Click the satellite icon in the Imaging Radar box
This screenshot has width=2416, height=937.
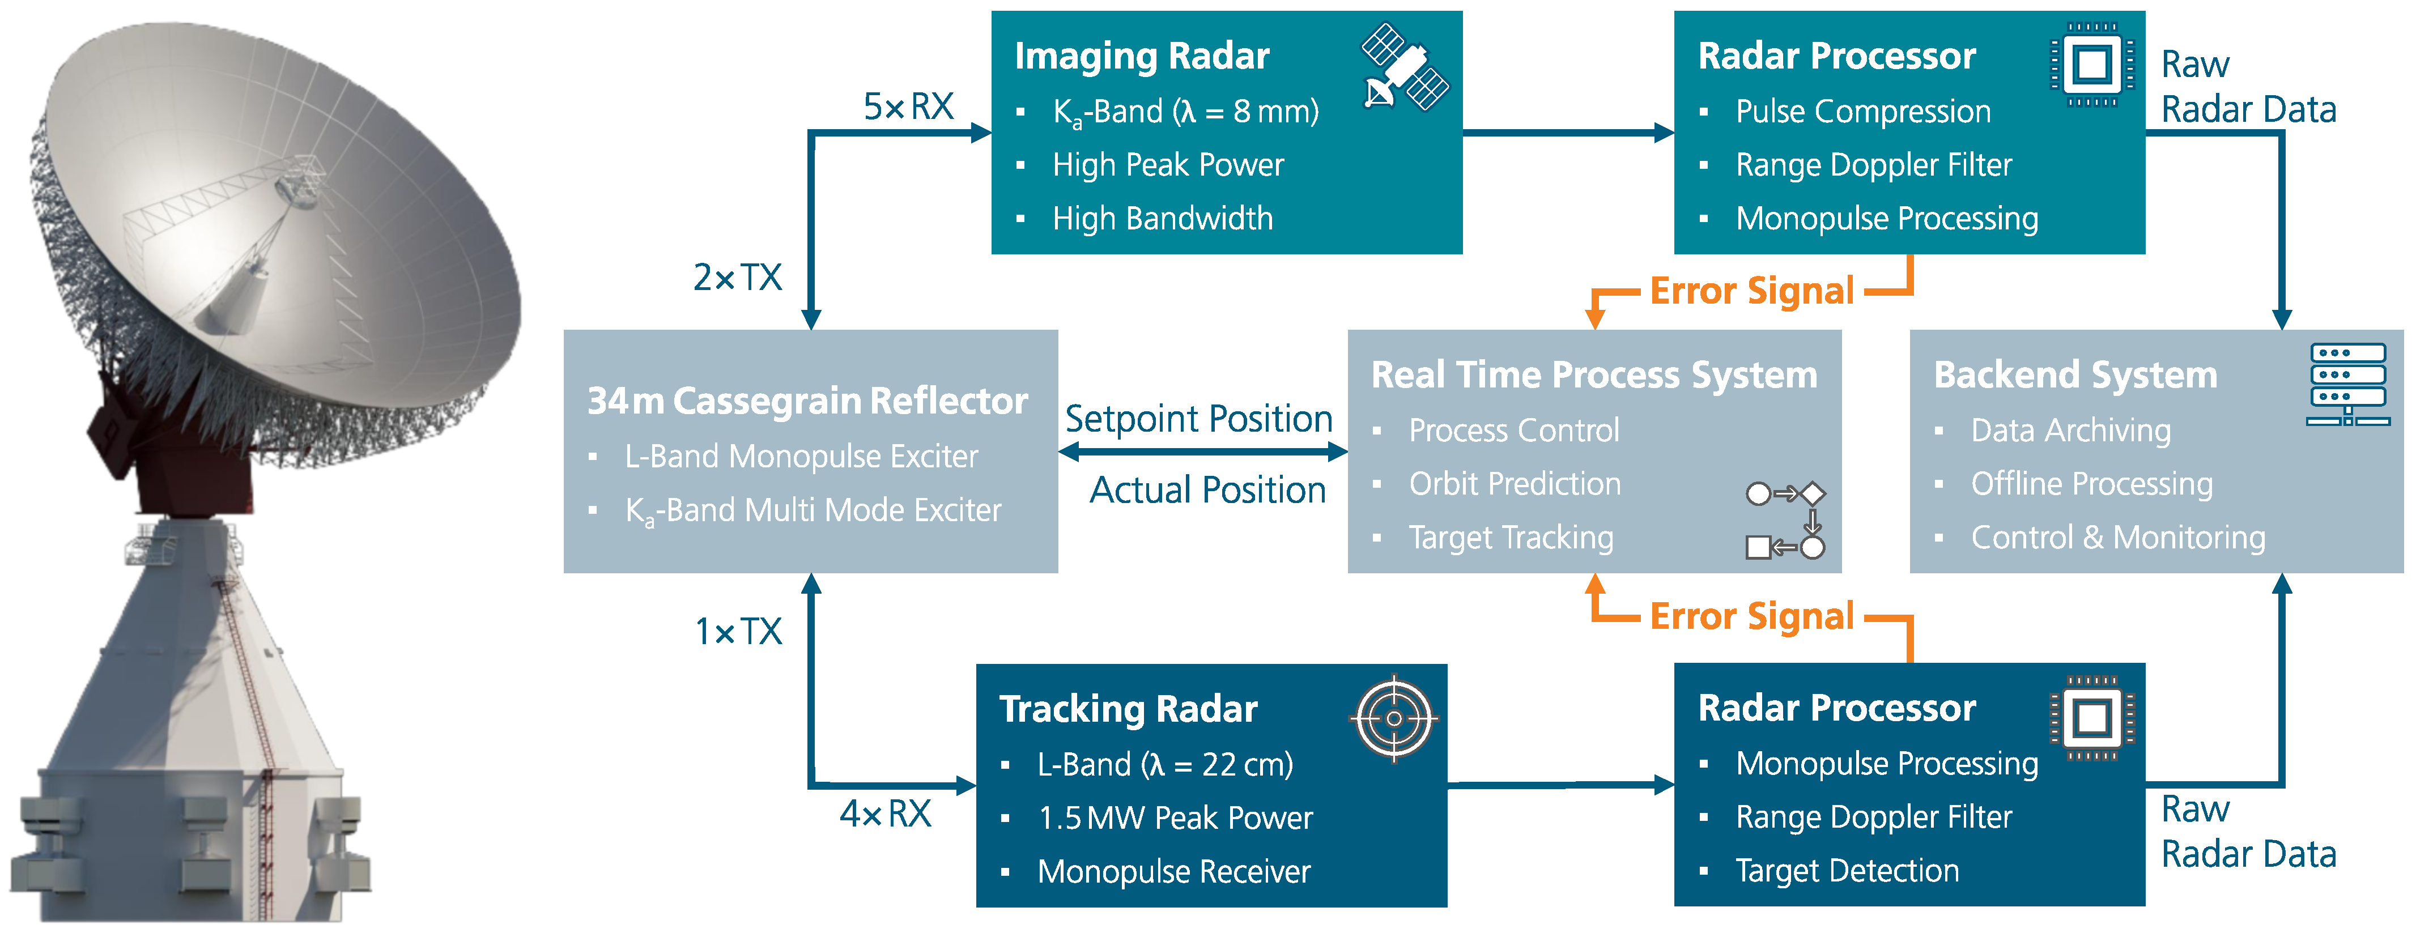pos(1404,67)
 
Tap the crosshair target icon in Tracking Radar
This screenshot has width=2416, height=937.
pos(1394,718)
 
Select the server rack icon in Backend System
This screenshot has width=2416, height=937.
pos(2347,385)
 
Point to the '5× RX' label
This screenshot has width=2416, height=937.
pos(908,107)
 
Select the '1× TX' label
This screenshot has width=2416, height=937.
pos(738,631)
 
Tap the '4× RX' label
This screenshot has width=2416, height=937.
pos(886,813)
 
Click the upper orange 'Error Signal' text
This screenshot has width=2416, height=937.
pos(1751,291)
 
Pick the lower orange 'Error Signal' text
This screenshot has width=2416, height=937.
pos(1751,616)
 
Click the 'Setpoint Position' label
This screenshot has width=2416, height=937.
pos(1198,418)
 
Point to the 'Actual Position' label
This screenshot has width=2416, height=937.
pos(1207,489)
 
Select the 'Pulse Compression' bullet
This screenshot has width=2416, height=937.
pos(1862,112)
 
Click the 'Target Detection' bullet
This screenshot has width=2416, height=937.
pos(1846,870)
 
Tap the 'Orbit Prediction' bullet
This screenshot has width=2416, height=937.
pos(1514,484)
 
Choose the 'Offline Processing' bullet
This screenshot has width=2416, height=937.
pos(2091,484)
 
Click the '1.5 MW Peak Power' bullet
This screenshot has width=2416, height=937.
pos(1174,818)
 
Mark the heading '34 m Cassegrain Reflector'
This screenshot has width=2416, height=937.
pos(807,401)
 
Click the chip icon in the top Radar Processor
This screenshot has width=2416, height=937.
pos(2092,66)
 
